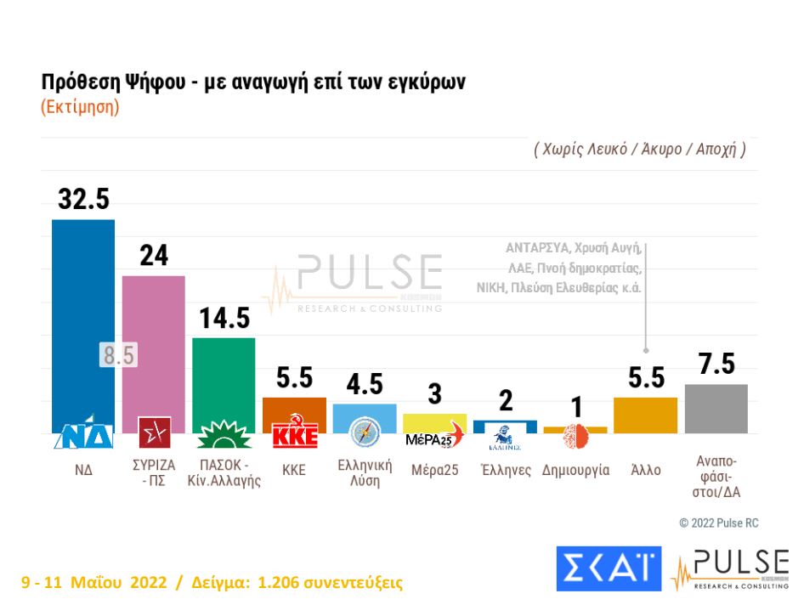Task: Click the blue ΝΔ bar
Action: tap(83, 323)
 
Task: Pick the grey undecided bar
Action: tap(716, 409)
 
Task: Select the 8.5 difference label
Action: tap(118, 355)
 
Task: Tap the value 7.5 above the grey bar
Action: tap(716, 364)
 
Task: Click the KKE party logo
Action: tap(294, 434)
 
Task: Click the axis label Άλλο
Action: tap(646, 470)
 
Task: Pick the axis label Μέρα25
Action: tap(434, 470)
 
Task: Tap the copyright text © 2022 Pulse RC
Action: tap(718, 523)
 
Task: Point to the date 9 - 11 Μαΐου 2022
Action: tap(93, 583)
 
